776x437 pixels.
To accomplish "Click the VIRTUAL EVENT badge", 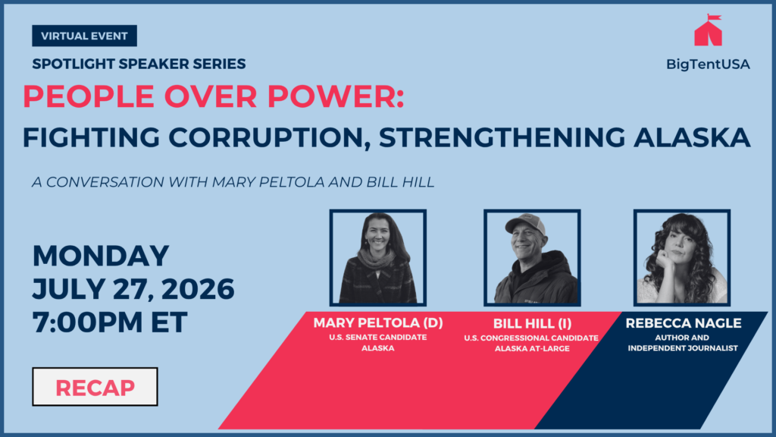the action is [x=85, y=36].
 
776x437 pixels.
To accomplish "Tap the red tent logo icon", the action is [x=709, y=30].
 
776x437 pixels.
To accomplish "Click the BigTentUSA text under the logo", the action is [x=708, y=64].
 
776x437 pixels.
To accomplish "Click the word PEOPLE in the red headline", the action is [x=89, y=96].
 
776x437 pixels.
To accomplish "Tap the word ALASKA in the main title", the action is [x=692, y=137].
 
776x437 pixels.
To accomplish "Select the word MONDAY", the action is [x=101, y=256].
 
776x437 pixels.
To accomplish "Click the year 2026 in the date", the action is [x=198, y=289].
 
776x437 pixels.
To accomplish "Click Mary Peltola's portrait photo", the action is [x=378, y=258].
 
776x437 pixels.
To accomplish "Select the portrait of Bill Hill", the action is [x=532, y=258].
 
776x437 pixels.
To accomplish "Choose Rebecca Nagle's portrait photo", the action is [x=682, y=258].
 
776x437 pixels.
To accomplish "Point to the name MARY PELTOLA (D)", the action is [x=378, y=323].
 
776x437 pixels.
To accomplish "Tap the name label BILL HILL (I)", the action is [x=532, y=323].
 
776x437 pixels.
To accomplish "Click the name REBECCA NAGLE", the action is [x=683, y=323].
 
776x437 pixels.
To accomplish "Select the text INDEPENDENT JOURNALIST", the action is [x=683, y=348].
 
